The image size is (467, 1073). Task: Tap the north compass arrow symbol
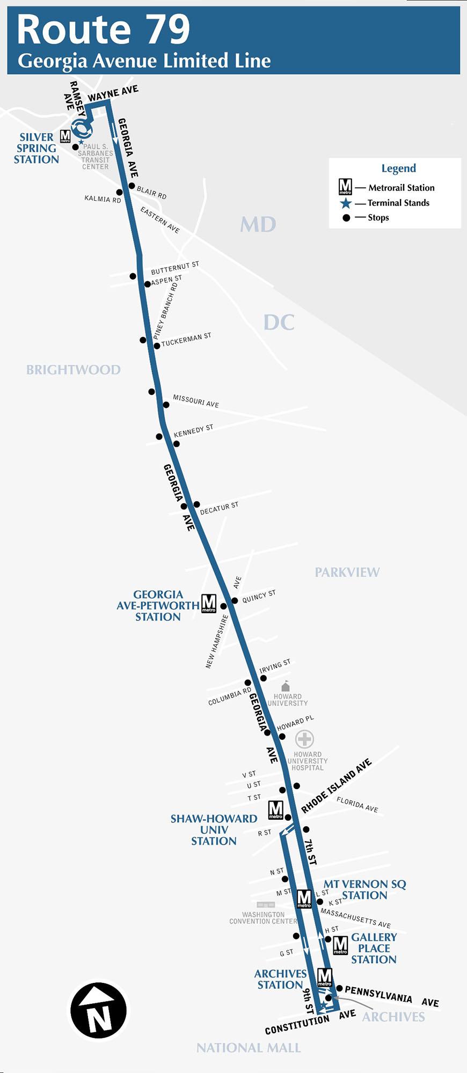pyautogui.click(x=99, y=1010)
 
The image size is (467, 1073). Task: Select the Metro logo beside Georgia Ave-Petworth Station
pyautogui.click(x=209, y=604)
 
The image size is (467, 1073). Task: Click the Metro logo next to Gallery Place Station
pyautogui.click(x=340, y=945)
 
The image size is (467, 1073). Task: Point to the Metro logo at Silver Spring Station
pyautogui.click(x=65, y=136)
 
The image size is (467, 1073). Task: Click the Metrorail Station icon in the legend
pyautogui.click(x=345, y=187)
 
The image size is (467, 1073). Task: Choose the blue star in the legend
pyautogui.click(x=346, y=203)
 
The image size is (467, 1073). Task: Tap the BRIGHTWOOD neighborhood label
pyautogui.click(x=74, y=370)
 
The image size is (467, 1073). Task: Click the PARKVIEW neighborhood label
pyautogui.click(x=347, y=572)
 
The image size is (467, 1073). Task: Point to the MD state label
pyautogui.click(x=258, y=224)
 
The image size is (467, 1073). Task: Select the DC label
pyautogui.click(x=279, y=322)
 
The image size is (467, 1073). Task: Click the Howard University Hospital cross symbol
pyautogui.click(x=305, y=739)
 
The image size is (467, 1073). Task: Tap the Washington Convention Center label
pyautogui.click(x=263, y=918)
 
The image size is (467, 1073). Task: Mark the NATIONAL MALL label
pyautogui.click(x=249, y=1048)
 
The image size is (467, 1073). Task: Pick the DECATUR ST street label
pyautogui.click(x=219, y=509)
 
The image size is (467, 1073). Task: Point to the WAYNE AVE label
pyautogui.click(x=113, y=93)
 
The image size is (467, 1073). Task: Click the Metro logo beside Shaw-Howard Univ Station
pyautogui.click(x=276, y=810)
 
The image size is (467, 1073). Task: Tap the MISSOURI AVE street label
pyautogui.click(x=196, y=401)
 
